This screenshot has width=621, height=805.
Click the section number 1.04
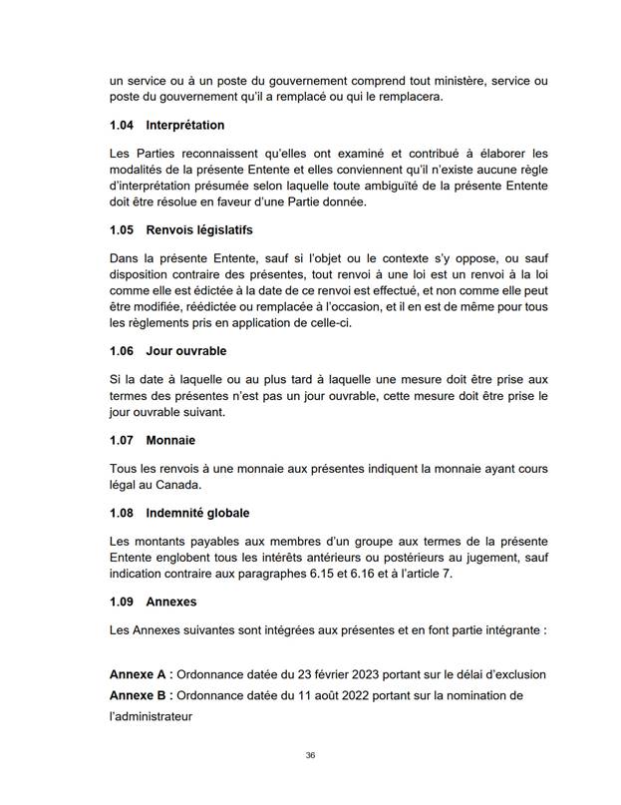pos(123,126)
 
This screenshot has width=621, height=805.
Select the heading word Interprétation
pos(185,126)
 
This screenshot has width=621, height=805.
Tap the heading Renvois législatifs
pos(199,229)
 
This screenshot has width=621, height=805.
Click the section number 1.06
pos(123,351)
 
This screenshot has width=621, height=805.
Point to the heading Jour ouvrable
pos(186,351)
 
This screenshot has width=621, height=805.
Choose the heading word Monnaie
pos(170,439)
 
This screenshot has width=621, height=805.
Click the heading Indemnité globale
pos(199,513)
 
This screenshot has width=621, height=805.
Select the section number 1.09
pos(123,603)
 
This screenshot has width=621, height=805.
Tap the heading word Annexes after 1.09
pos(171,603)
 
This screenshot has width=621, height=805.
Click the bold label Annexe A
pos(141,674)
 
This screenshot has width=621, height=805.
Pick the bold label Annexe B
pos(141,694)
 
